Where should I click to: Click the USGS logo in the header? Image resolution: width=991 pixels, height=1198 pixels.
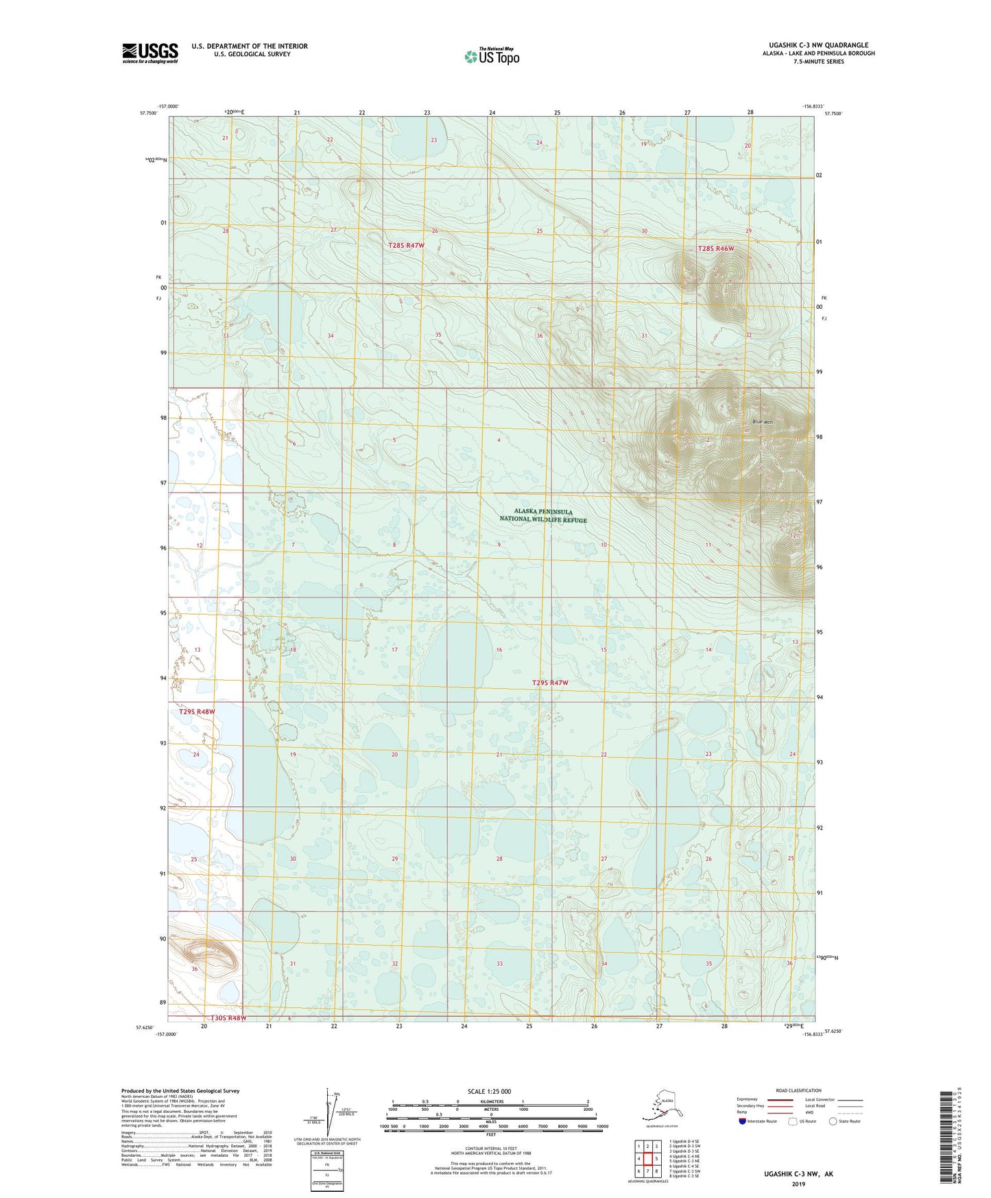pyautogui.click(x=150, y=53)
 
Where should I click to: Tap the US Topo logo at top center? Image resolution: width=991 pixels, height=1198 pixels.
pyautogui.click(x=492, y=56)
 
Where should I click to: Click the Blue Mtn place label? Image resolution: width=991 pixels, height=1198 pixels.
pyautogui.click(x=762, y=423)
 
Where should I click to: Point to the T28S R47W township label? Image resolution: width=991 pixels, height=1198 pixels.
pyautogui.click(x=407, y=245)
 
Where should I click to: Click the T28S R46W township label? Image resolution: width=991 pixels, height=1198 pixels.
pyautogui.click(x=716, y=248)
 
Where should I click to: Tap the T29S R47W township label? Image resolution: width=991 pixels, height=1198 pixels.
pyautogui.click(x=550, y=683)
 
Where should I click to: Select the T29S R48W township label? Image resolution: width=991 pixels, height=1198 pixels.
pyautogui.click(x=197, y=712)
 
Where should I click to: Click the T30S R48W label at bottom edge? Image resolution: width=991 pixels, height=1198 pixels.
pyautogui.click(x=223, y=1018)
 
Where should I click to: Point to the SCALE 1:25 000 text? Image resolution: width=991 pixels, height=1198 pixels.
pyautogui.click(x=490, y=1091)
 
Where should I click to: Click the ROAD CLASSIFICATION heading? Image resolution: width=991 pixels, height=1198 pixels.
pyautogui.click(x=798, y=1090)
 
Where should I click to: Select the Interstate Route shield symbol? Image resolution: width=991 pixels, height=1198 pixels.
pyautogui.click(x=743, y=1121)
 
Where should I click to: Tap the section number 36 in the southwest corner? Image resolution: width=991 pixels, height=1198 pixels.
pyautogui.click(x=195, y=969)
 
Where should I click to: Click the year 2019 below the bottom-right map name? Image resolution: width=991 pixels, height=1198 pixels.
pyautogui.click(x=798, y=1184)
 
